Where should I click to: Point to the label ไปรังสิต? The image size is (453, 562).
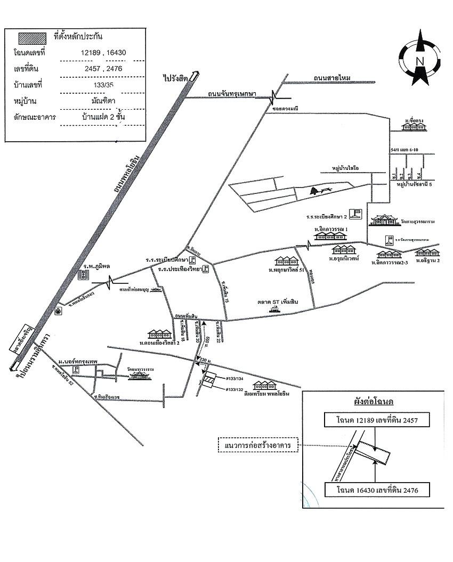click(x=175, y=78)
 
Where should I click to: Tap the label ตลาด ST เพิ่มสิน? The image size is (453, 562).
click(x=278, y=303)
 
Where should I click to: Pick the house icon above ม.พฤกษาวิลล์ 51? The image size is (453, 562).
click(x=286, y=261)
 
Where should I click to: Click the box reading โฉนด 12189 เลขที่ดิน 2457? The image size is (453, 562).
click(x=376, y=420)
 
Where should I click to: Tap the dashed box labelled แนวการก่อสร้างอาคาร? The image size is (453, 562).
click(x=258, y=445)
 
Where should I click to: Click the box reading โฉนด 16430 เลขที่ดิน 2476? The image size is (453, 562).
click(x=376, y=489)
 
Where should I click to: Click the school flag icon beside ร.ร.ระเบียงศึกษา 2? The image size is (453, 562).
click(x=358, y=214)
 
